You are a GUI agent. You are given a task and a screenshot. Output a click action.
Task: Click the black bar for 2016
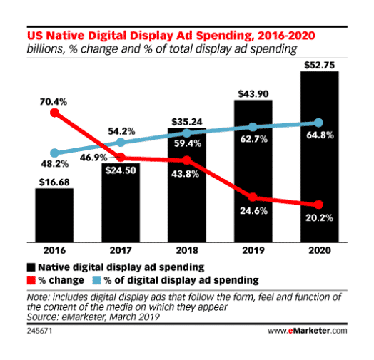coord(54,215)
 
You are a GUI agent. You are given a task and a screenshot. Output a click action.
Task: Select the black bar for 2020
coord(319,157)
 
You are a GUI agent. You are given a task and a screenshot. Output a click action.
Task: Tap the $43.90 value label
coord(253,94)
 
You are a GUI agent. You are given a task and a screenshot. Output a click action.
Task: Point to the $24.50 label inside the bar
coord(121,170)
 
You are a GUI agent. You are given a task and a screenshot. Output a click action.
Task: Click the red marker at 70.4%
coord(55,113)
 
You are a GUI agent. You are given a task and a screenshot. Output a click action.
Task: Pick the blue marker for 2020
coord(319,123)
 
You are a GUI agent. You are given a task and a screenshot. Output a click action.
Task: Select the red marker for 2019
coord(253,197)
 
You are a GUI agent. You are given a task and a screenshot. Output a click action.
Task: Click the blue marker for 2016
coord(55,153)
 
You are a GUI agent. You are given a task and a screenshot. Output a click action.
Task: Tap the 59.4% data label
coord(188,143)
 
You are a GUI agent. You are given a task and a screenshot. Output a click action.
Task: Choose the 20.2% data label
coord(319,217)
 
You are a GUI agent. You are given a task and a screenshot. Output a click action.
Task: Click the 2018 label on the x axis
coord(187,250)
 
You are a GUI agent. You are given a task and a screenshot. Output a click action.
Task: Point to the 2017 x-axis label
coord(121,250)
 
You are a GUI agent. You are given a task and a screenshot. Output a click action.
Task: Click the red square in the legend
coord(31,280)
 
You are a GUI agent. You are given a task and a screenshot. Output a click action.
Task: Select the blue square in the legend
coord(96,280)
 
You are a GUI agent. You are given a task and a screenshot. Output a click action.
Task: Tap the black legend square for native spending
coord(31,267)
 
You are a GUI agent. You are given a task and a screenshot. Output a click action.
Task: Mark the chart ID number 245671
coord(39,331)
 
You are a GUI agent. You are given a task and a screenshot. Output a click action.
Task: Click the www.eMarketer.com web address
coord(308,331)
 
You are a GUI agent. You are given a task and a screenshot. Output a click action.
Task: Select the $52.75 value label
coord(320,66)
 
